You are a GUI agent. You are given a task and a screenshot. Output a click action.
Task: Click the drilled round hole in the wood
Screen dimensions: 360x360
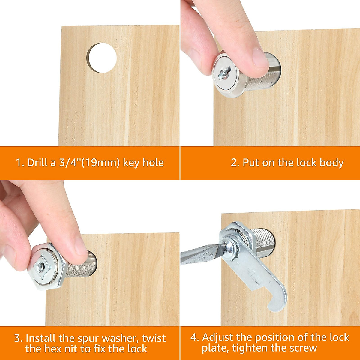pyautogui.click(x=102, y=58)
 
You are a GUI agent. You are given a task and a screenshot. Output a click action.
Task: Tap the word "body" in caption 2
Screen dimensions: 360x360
pyautogui.click(x=331, y=163)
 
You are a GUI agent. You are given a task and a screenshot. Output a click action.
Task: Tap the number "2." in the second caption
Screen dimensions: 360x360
pyautogui.click(x=235, y=163)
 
